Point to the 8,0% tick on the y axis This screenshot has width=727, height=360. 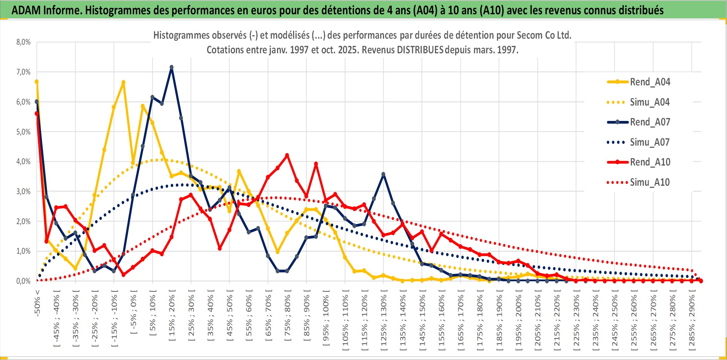click(23, 42)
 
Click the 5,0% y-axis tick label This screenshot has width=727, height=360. click(23, 132)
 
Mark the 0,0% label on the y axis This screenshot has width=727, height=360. click(23, 281)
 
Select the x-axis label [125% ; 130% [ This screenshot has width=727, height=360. click(384, 321)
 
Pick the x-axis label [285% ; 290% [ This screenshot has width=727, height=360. click(692, 321)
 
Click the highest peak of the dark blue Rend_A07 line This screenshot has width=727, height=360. click(171, 67)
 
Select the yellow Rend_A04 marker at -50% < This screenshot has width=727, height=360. click(37, 82)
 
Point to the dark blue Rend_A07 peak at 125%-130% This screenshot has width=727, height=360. click(383, 174)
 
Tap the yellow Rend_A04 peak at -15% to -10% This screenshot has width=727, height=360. click(123, 83)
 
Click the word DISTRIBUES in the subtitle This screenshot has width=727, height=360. click(420, 50)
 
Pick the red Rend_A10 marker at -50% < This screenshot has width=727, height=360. click(37, 114)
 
